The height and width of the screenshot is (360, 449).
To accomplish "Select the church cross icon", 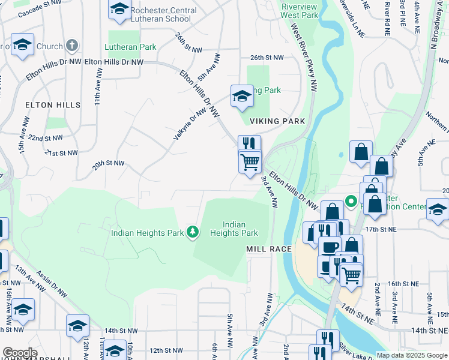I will pos(71,46).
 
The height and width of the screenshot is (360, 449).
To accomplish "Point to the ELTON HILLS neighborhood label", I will pos(53,105).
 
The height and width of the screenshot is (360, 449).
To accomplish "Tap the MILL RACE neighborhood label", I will pos(269,248).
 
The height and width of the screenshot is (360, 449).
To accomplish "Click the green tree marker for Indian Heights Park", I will pos(192,232).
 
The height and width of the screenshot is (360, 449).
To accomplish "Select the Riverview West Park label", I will pos(300,10).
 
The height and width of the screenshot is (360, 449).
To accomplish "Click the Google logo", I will pos(20,353).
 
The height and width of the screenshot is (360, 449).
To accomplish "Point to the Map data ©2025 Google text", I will pos(411,355).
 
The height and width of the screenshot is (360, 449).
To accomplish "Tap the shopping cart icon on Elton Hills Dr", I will pos(250,161).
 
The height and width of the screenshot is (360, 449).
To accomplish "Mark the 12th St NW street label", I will pos(165,350).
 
